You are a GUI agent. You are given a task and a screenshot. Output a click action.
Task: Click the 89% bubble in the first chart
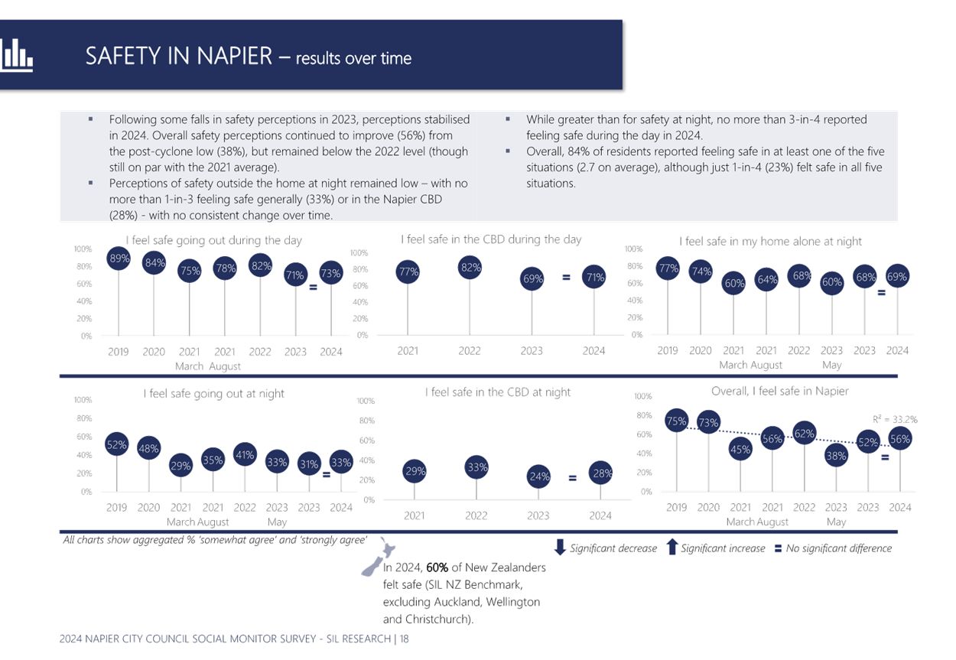[119, 258]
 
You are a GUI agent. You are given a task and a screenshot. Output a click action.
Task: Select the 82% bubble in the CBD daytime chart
[470, 268]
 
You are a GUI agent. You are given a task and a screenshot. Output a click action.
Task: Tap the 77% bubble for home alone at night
[668, 268]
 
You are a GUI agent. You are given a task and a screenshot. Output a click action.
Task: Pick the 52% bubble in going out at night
[116, 444]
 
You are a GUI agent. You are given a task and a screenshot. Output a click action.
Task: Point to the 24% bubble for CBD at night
[539, 476]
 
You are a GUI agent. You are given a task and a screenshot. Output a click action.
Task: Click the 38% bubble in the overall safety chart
[836, 456]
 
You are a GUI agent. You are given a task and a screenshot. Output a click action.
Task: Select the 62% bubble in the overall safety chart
[804, 434]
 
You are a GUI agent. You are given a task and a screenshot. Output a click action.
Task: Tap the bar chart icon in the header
[16, 55]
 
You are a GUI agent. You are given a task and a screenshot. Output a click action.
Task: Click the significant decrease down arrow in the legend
[560, 547]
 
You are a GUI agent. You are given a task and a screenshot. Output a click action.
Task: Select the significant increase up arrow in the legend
[672, 547]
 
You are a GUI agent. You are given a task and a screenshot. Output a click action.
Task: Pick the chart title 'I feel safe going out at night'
[214, 393]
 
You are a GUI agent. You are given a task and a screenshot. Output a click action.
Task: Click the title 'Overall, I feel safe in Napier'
[779, 391]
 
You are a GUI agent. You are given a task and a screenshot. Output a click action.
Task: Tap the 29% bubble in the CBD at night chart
[415, 472]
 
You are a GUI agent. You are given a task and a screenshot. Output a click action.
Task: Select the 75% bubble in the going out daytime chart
[190, 270]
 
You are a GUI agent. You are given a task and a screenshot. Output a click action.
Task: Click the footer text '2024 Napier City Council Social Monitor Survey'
[191, 638]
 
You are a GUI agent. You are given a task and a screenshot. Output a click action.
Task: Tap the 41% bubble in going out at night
[245, 455]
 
